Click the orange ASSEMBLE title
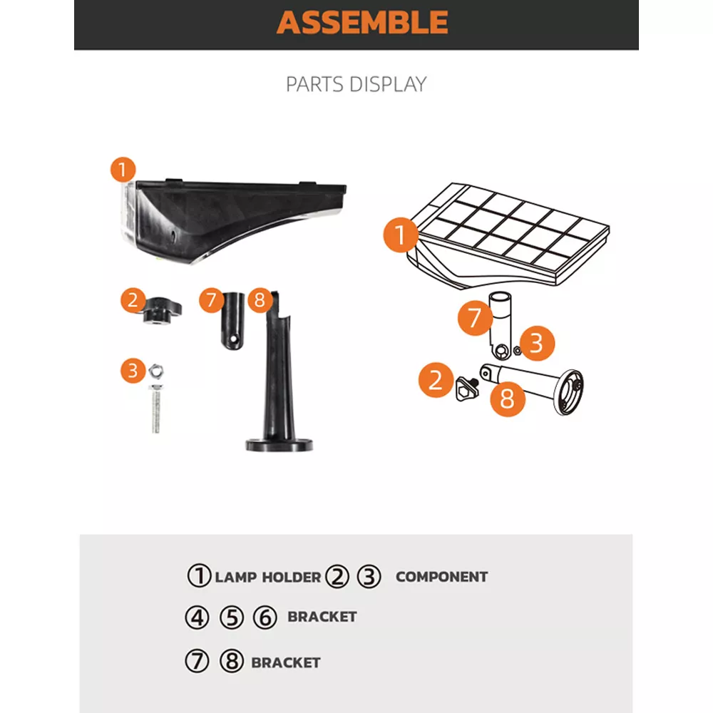(x=362, y=22)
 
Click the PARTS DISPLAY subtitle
(x=356, y=84)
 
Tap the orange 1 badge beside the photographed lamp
(x=123, y=170)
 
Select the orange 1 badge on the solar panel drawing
(x=401, y=236)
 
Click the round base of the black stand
(x=279, y=444)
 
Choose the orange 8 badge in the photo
(x=259, y=300)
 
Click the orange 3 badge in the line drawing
(x=536, y=344)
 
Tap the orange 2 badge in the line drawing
(x=436, y=379)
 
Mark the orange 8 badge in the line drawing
(x=507, y=398)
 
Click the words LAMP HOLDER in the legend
(x=268, y=578)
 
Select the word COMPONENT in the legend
(x=441, y=577)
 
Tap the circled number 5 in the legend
(x=231, y=617)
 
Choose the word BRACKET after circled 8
(x=286, y=662)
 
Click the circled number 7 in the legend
(x=197, y=662)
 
